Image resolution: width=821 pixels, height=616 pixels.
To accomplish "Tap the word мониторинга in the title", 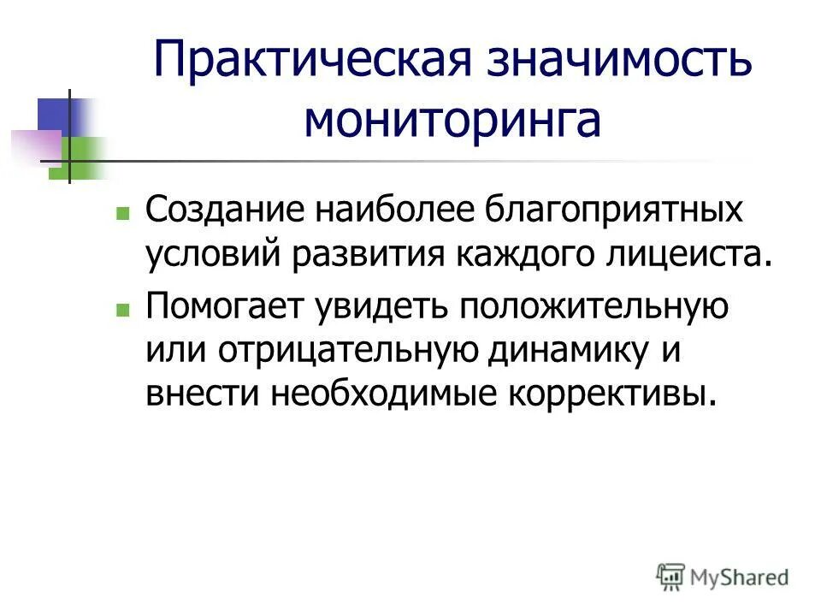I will (x=452, y=122).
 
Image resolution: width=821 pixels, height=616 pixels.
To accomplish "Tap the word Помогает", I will (x=218, y=308).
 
